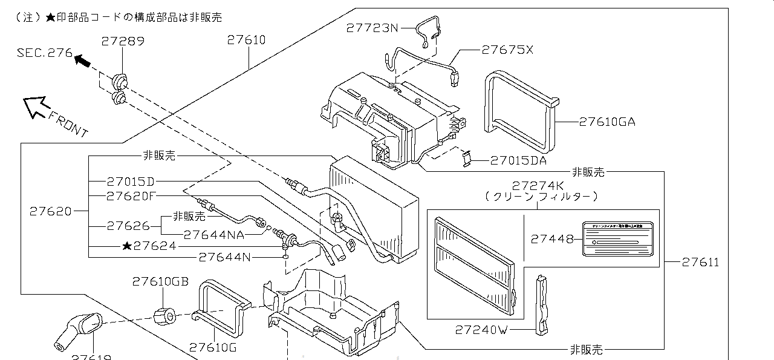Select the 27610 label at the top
point(246,40)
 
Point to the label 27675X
point(507,50)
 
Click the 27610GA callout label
point(607,122)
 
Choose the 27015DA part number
point(518,160)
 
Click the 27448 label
point(552,239)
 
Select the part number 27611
point(701,262)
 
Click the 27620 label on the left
point(50,211)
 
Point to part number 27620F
point(131,195)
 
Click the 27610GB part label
point(160,281)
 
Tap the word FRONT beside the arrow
point(68,124)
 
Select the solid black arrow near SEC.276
point(83,60)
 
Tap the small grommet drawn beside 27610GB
point(164,315)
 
